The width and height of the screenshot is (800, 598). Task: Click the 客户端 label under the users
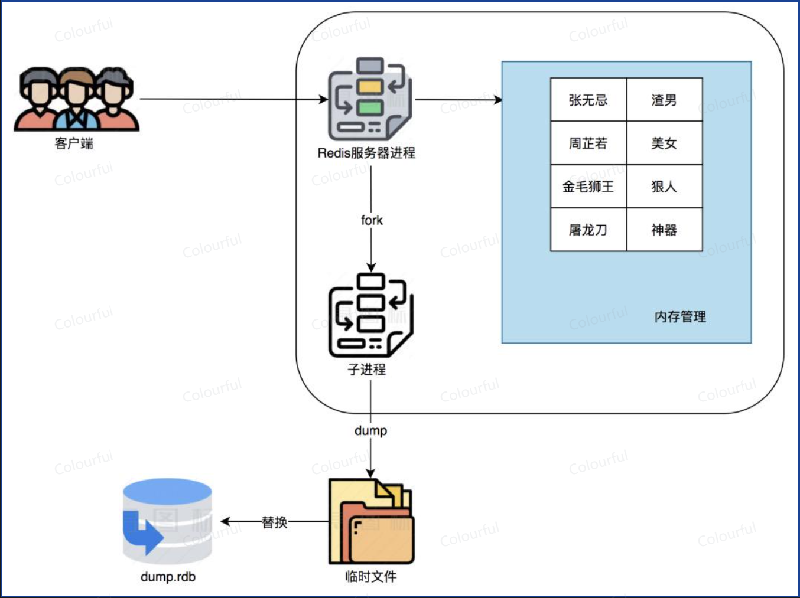point(74,143)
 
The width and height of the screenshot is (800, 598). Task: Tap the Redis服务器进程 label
point(366,153)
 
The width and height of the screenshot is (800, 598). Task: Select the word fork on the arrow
point(372,220)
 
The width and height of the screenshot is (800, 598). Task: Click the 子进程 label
point(366,370)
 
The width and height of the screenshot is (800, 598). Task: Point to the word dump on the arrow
point(370,430)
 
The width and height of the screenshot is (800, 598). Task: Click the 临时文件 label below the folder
point(370,576)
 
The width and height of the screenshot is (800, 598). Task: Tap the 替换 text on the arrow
point(274,522)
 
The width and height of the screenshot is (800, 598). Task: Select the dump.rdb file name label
point(168,576)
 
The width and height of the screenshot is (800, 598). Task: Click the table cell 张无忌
point(588,100)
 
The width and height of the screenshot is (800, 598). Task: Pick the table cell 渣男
point(664,100)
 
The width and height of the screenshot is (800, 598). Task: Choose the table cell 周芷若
point(588,143)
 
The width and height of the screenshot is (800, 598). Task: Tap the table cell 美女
point(664,143)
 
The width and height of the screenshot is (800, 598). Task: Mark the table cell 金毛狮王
point(588,187)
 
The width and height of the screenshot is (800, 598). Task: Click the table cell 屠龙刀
point(588,230)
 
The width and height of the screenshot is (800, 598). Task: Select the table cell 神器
point(664,230)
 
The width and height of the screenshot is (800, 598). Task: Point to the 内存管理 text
point(680,317)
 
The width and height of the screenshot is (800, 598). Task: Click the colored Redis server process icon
point(369,99)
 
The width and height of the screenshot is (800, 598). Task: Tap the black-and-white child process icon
point(370,314)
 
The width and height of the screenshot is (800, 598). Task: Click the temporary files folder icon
point(371,522)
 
